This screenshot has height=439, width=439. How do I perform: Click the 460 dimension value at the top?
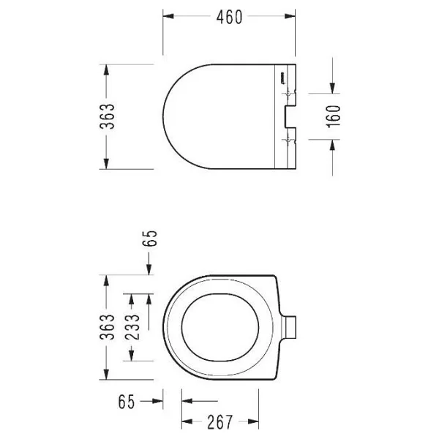pos(229,18)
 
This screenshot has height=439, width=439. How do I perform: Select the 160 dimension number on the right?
pos(333,116)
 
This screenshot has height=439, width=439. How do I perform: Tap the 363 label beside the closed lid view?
pos(108,116)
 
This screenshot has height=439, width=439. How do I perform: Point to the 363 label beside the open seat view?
pos(108,327)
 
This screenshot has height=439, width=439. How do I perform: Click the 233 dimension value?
pos(132,327)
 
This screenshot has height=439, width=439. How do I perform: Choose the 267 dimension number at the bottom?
pos(219,422)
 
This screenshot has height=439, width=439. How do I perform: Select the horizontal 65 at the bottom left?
pos(127,402)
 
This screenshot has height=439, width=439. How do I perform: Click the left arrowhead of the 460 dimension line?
pos(168,16)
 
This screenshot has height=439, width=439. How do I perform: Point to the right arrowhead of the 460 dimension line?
pos(290,16)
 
